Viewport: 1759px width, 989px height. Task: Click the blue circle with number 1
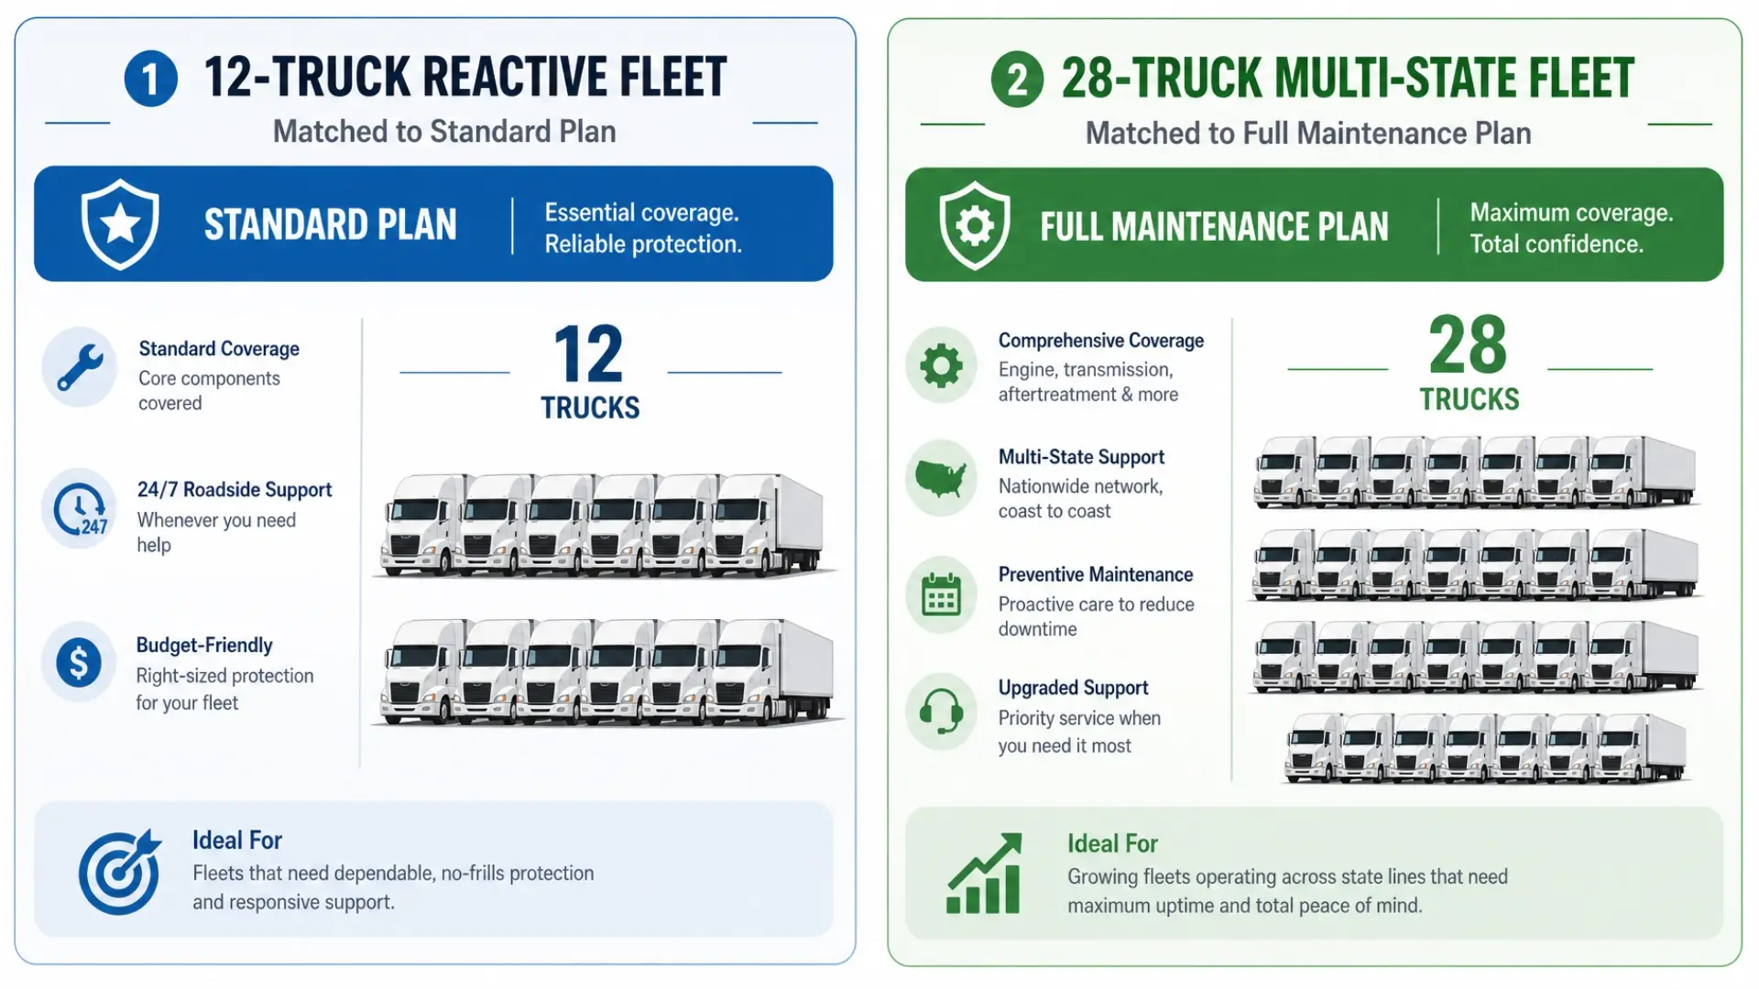[150, 79]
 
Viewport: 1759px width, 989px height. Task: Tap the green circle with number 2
[1017, 80]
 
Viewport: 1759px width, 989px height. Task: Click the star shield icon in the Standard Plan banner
[120, 224]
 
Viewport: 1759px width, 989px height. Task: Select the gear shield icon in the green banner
[975, 225]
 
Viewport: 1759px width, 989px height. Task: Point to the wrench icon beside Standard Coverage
[80, 367]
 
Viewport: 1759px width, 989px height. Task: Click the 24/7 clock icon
[80, 508]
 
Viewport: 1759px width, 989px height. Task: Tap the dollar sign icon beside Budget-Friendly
[79, 662]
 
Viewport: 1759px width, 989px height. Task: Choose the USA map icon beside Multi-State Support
[941, 477]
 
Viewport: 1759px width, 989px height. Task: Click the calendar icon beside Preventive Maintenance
[941, 594]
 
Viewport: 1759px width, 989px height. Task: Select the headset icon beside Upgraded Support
[941, 711]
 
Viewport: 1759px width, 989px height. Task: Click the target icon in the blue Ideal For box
[120, 872]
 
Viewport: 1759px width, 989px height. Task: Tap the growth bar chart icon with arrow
[984, 873]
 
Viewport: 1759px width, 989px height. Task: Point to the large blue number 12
[588, 354]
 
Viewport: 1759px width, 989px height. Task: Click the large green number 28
[1468, 345]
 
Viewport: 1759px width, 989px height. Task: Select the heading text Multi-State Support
[1081, 457]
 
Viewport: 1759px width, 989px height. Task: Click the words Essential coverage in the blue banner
[641, 212]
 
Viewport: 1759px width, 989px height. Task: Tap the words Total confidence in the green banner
[1557, 245]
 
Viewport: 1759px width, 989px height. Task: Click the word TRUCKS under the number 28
[1469, 399]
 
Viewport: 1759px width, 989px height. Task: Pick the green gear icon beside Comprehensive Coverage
[941, 365]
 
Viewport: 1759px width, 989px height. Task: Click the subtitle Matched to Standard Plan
[444, 132]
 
